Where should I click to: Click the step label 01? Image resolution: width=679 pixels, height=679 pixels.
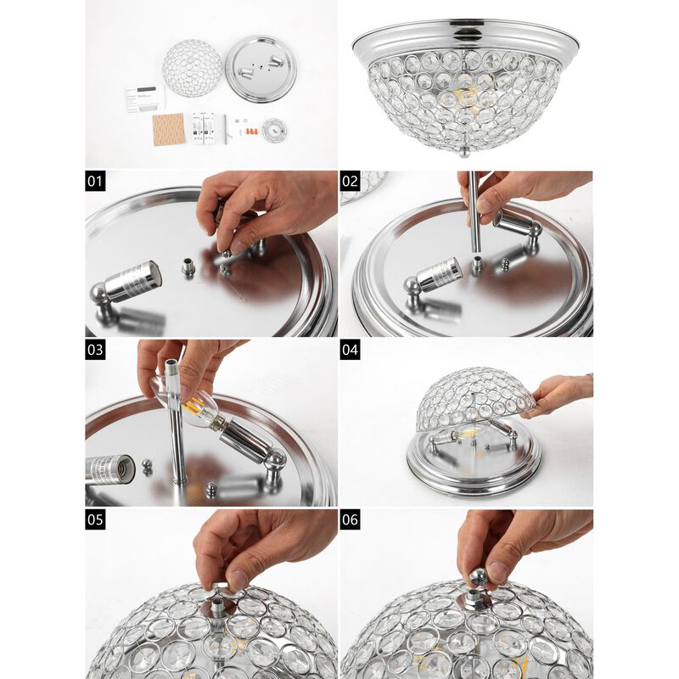click(x=95, y=182)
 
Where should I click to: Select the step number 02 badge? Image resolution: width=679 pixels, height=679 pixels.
click(x=350, y=182)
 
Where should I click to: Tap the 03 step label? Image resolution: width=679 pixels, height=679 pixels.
click(x=95, y=350)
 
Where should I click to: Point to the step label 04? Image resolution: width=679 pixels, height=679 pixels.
click(x=350, y=350)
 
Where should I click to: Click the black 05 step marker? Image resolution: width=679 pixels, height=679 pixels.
click(x=95, y=519)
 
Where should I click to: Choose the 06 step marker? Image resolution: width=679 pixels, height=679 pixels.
click(x=350, y=519)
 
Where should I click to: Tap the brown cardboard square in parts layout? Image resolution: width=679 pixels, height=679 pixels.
click(x=168, y=129)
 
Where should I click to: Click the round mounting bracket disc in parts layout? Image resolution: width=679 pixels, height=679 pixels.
click(x=274, y=130)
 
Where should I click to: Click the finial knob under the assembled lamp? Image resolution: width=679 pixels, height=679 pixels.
click(x=463, y=154)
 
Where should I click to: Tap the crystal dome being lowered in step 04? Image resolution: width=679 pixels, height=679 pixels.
click(x=474, y=394)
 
